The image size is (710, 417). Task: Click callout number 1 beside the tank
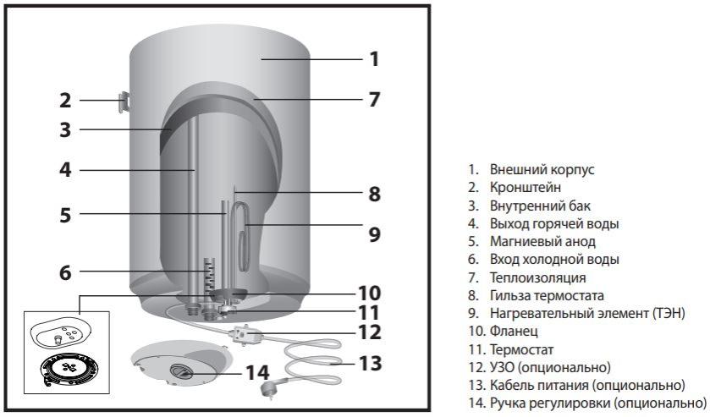373,59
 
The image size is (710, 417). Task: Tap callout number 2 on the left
65,101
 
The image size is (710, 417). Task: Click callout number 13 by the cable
369,363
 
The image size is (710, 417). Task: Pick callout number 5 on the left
65,214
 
